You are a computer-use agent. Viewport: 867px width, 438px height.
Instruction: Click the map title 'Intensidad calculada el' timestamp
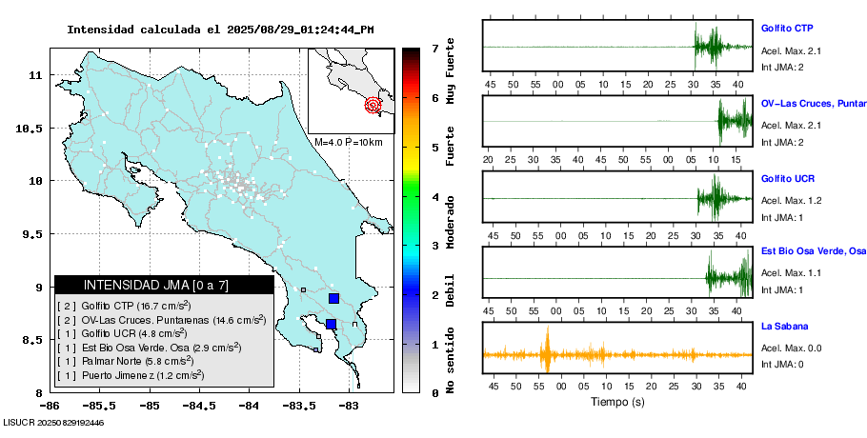pyautogui.click(x=220, y=29)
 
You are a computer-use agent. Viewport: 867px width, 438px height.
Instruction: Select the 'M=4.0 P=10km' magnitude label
pyautogui.click(x=348, y=142)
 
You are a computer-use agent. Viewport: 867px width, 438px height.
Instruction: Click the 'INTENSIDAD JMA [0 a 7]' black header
pyautogui.click(x=163, y=285)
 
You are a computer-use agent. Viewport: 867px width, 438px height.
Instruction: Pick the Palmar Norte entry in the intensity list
pyautogui.click(x=125, y=361)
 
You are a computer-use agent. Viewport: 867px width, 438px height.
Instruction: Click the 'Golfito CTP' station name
pyautogui.click(x=786, y=29)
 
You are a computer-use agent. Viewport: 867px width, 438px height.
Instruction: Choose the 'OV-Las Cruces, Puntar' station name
pyautogui.click(x=813, y=104)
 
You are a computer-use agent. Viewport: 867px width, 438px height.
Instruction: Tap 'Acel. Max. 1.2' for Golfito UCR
pyautogui.click(x=791, y=201)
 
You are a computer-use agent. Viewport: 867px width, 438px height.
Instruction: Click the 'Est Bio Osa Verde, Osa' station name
pyautogui.click(x=813, y=252)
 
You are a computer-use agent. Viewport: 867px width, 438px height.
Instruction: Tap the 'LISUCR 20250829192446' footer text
pyautogui.click(x=54, y=422)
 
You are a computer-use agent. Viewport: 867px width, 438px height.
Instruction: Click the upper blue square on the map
pyautogui.click(x=333, y=298)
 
